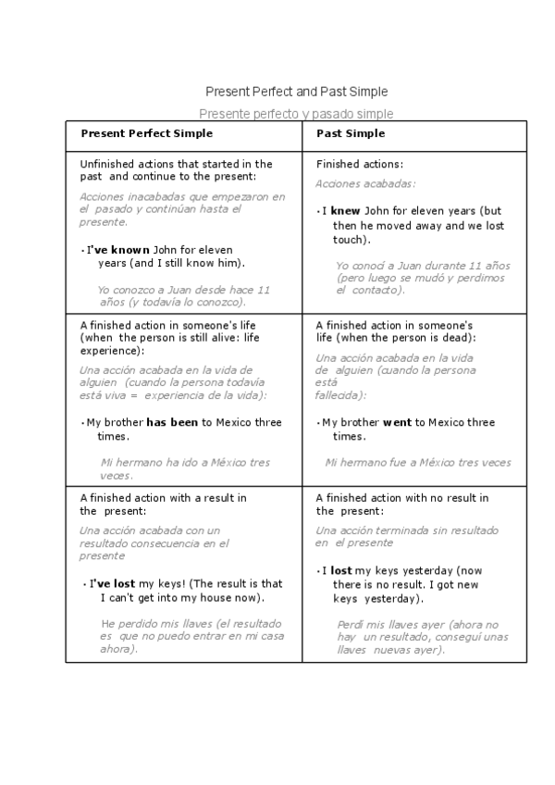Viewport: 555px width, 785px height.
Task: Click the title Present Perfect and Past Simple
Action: (x=296, y=92)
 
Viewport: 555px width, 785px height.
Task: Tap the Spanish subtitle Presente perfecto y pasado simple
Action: (x=296, y=114)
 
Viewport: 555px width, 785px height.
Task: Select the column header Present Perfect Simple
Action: (x=146, y=133)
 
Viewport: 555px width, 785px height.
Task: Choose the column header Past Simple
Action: (x=351, y=133)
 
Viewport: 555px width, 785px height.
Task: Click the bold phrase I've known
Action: (x=117, y=250)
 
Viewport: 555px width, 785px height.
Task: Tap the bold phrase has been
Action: (x=172, y=423)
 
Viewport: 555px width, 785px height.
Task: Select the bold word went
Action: (x=397, y=423)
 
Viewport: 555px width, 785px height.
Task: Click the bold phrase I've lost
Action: (x=112, y=584)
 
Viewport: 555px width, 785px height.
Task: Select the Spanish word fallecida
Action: (x=338, y=395)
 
